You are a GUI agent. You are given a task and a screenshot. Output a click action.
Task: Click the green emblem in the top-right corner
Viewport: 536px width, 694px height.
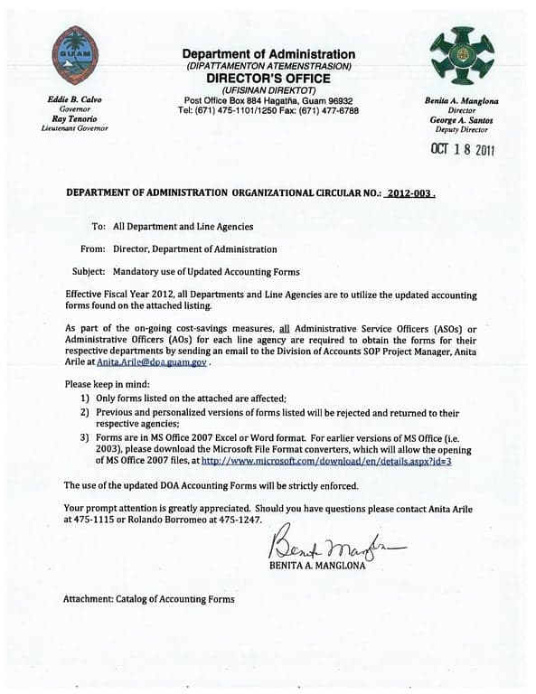[x=462, y=55]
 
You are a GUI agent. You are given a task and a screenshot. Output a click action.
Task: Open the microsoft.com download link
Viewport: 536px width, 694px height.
[x=326, y=461]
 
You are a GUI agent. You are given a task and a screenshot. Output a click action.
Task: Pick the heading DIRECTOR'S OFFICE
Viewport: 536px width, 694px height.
[x=268, y=79]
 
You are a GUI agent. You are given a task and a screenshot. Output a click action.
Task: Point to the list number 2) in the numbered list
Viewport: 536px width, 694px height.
[x=83, y=413]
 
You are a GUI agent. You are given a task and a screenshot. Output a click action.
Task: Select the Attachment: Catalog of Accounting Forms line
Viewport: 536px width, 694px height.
[x=148, y=599]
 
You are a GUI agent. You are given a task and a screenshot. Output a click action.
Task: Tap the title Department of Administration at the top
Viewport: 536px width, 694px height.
[x=268, y=54]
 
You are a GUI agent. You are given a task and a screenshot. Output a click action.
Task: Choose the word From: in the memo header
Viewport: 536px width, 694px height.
[x=91, y=249]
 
